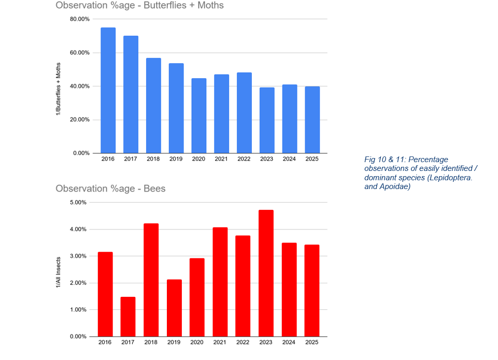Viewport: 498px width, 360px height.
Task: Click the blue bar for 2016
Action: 108,91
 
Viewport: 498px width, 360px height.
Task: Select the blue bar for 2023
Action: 267,120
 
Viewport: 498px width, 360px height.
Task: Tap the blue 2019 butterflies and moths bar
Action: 176,108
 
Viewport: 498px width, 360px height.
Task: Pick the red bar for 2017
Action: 127,316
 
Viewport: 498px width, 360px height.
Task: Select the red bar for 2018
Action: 151,280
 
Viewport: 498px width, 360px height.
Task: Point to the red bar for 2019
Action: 174,308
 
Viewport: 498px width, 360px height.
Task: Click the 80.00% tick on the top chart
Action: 80,19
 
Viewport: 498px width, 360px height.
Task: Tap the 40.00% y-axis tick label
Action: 80,86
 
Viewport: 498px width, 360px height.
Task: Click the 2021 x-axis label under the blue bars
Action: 221,159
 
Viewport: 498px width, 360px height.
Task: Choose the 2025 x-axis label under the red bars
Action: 311,342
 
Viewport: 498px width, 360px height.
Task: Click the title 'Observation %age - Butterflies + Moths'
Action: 140,6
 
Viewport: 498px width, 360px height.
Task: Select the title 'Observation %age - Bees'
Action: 110,189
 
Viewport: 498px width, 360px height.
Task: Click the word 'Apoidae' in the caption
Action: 397,187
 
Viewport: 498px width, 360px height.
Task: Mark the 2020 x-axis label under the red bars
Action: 197,342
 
